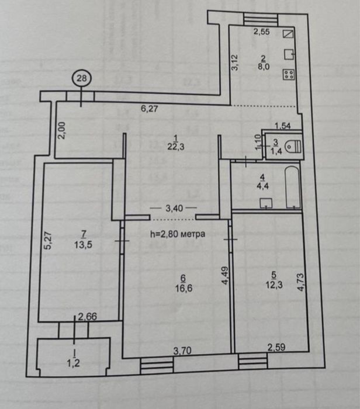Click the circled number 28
82,78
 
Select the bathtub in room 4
292,188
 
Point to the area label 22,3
176,147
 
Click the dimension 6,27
149,108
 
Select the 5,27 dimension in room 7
48,241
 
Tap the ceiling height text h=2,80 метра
178,234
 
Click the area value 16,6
184,288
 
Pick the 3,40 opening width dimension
174,208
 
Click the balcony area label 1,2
73,363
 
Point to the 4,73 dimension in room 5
300,282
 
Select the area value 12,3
274,285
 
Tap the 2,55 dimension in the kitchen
262,32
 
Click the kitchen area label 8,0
264,67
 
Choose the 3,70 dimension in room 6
182,351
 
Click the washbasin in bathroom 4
266,203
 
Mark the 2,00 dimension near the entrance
62,130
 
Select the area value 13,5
83,245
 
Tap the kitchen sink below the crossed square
289,54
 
